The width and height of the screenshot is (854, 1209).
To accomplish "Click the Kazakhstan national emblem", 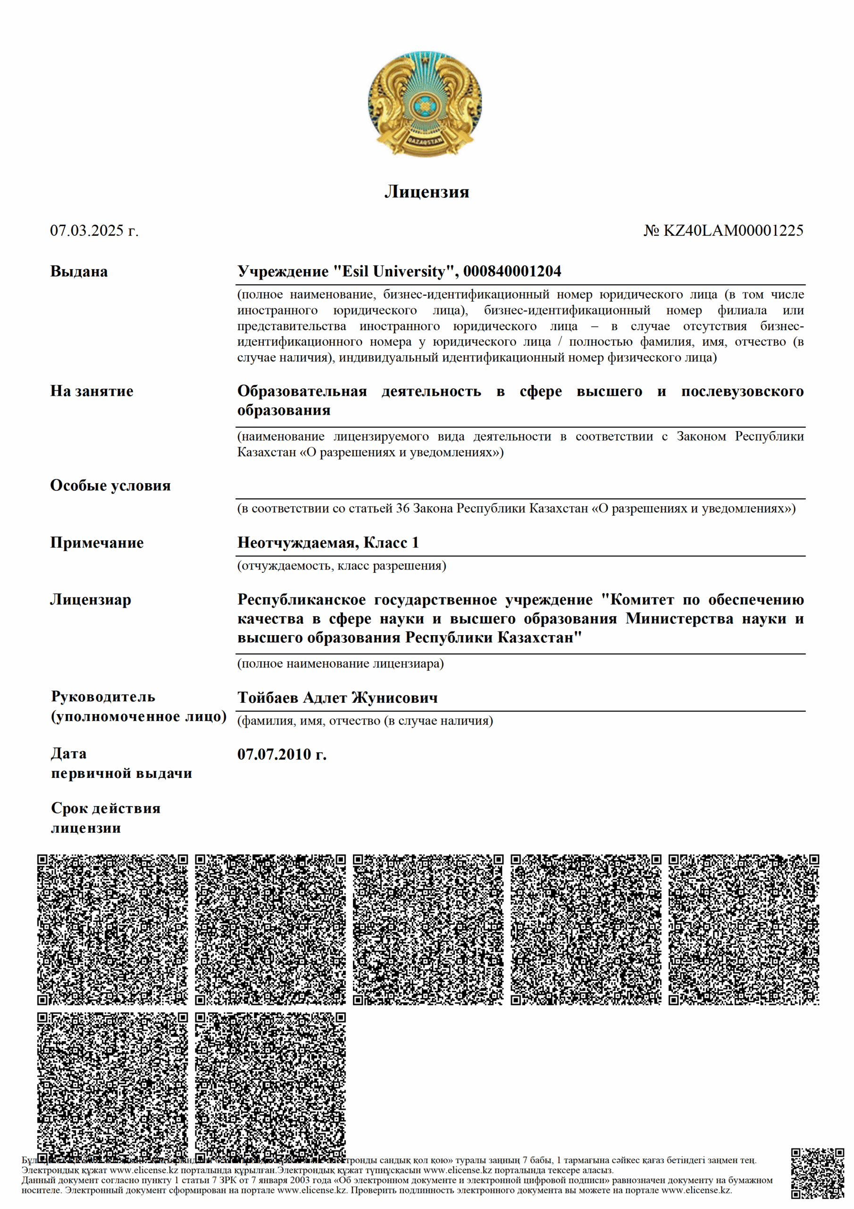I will point(425,104).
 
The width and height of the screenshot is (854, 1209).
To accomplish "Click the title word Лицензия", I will point(426,192).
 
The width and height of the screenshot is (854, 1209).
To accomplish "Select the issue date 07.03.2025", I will point(87,230).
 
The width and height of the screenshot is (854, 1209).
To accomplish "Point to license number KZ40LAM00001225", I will point(733,230).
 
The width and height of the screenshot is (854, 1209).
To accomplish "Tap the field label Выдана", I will point(79,272).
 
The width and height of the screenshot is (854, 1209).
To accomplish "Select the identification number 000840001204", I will point(512,272).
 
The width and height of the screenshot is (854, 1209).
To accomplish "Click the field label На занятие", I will point(92,391).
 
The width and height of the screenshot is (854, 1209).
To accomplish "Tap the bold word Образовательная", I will point(302,391).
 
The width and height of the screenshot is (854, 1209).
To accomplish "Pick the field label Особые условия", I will point(110,485).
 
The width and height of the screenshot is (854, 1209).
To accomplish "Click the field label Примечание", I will point(97,543).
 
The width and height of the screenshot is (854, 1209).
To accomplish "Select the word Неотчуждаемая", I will point(298,543).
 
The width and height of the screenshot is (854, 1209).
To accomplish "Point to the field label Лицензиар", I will point(91,600).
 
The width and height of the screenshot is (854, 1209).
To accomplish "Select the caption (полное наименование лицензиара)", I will point(341,664).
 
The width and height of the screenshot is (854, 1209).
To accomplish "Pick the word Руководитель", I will point(103,697).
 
